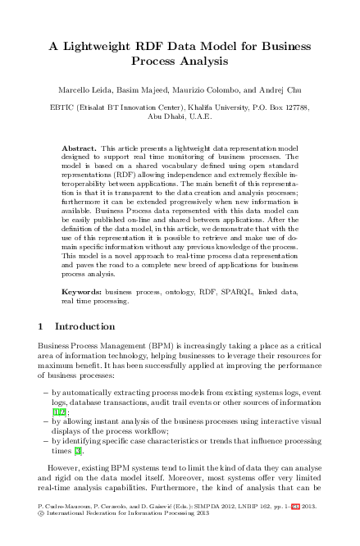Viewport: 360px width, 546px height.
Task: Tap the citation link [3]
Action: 79,451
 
